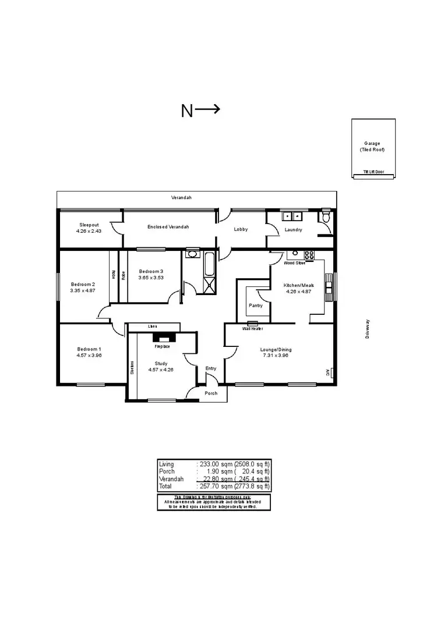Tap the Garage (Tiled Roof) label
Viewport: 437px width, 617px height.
(x=372, y=146)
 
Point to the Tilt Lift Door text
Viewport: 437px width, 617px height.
(x=373, y=172)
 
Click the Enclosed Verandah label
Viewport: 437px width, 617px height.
(x=168, y=226)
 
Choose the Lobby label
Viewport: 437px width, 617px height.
(x=241, y=229)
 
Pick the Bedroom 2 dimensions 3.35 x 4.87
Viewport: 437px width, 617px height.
(x=82, y=290)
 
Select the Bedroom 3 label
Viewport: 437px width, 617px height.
(x=151, y=271)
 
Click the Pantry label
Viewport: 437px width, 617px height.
(x=255, y=306)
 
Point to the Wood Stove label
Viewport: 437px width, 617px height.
(x=294, y=263)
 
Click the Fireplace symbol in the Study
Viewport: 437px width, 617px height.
(x=161, y=338)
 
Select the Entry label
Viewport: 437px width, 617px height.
(x=211, y=368)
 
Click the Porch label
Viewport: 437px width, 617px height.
(x=211, y=393)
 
